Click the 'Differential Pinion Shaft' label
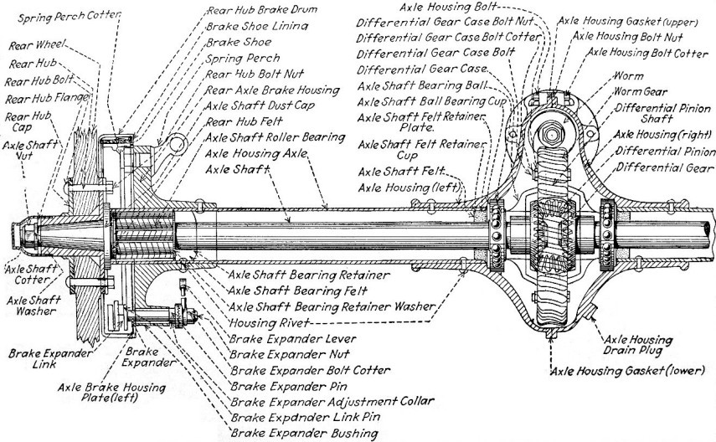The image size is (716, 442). pyautogui.click(x=663, y=114)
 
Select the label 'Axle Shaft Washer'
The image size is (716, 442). pyautogui.click(x=29, y=304)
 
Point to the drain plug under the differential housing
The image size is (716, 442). pyautogui.click(x=590, y=316)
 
